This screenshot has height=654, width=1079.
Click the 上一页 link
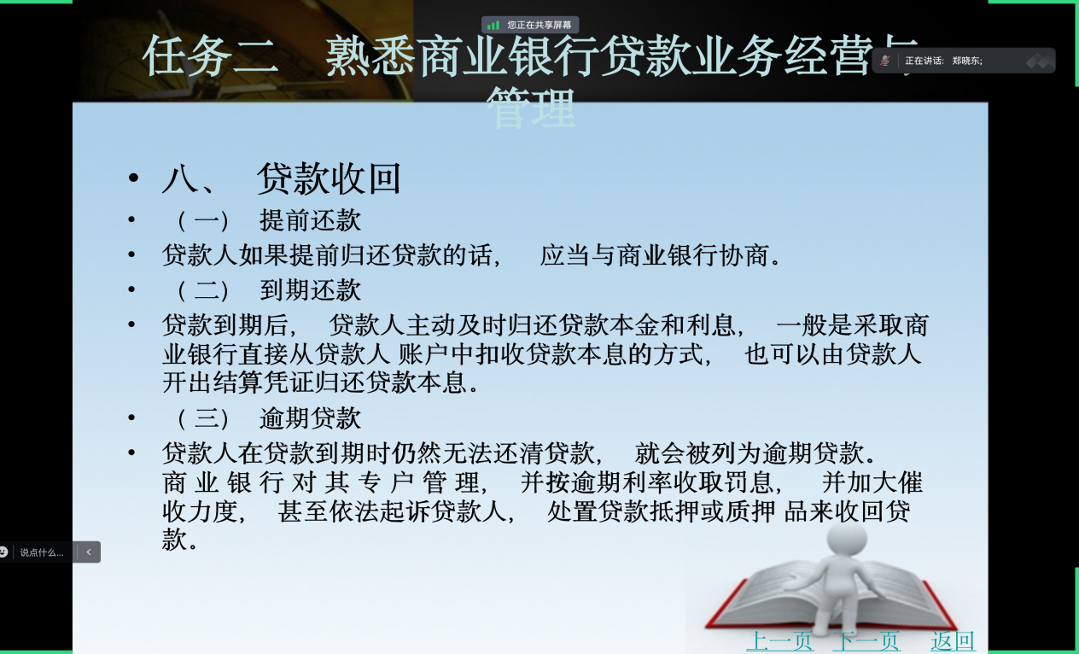coord(780,641)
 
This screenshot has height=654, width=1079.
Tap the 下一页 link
coord(866,641)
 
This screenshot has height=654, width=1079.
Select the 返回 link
coord(953,641)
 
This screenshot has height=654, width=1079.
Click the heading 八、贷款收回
coord(282,178)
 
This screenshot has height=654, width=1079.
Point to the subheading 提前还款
coord(310,220)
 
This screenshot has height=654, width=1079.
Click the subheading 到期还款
coord(310,290)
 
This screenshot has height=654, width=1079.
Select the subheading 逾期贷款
coord(310,418)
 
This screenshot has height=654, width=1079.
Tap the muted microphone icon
coord(885,61)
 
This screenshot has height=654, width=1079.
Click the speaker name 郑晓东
coord(965,61)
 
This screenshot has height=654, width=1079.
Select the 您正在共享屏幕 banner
coord(530,25)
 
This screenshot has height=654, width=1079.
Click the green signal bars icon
coord(493,25)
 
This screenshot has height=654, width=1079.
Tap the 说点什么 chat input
coord(42,552)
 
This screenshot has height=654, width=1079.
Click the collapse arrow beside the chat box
coord(89,552)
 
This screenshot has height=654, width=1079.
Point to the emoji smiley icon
coord(3,552)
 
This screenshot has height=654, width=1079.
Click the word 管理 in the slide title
coord(531,108)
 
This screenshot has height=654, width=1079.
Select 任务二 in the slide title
coord(211,55)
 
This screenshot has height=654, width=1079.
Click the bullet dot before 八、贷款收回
coord(133,178)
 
